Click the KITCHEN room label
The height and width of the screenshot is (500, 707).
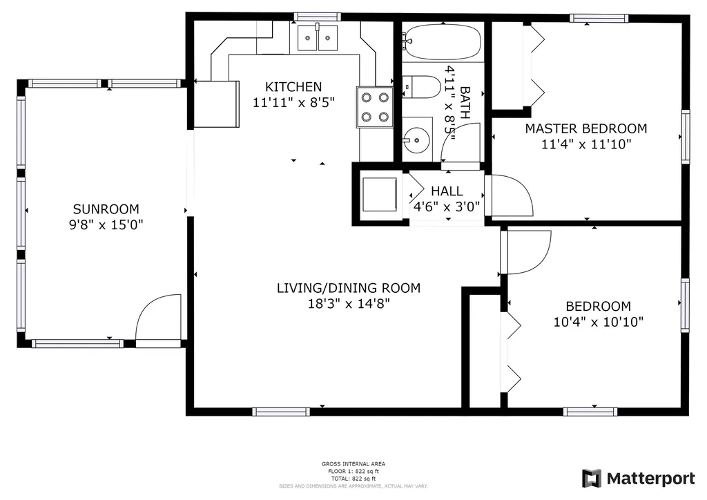click(x=293, y=86)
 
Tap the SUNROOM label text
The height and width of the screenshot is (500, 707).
click(x=106, y=209)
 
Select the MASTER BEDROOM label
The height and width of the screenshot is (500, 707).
click(x=586, y=128)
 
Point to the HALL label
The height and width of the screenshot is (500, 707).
click(x=447, y=191)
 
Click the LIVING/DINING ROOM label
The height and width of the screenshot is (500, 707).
click(x=349, y=288)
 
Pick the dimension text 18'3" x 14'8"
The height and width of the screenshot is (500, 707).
click(x=349, y=303)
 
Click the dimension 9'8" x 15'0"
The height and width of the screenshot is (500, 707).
click(x=106, y=224)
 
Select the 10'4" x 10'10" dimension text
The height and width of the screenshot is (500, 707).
click(x=599, y=322)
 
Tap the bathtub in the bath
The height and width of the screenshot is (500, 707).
click(x=443, y=42)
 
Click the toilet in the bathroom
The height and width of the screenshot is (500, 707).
click(x=421, y=86)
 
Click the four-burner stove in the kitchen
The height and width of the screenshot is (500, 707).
click(x=375, y=107)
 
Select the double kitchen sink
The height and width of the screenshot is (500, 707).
click(x=318, y=37)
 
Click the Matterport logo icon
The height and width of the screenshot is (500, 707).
click(x=592, y=479)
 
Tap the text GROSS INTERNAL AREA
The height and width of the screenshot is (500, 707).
click(x=353, y=464)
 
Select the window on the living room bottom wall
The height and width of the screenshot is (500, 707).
click(x=281, y=412)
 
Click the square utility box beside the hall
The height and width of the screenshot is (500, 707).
click(x=380, y=194)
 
